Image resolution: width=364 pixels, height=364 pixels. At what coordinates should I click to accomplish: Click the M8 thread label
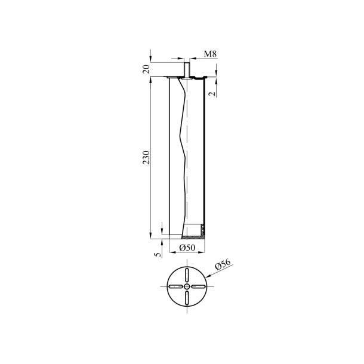209,54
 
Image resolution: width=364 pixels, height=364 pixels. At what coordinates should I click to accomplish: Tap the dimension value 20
146,69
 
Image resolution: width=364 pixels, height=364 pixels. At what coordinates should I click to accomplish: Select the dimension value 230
146,157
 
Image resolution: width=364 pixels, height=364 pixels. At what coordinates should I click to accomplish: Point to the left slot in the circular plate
176,287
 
